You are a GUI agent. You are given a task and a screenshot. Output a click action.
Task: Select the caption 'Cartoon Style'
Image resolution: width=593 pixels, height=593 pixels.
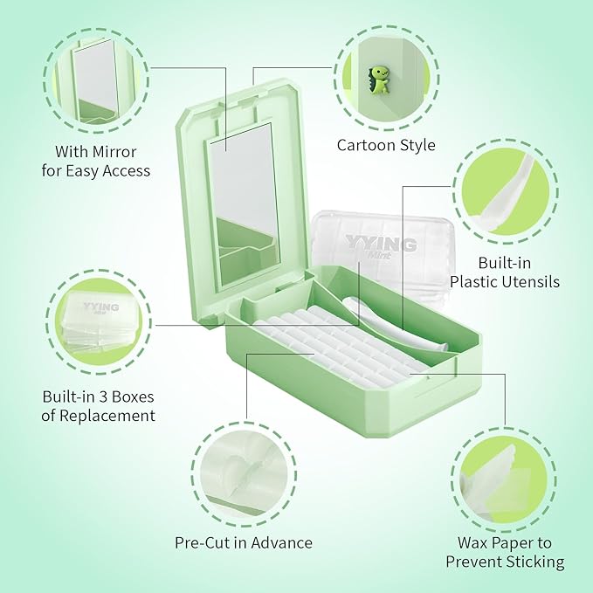(x=386, y=145)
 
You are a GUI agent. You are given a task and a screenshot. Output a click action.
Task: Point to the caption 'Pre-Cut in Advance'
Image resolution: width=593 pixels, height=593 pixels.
(x=244, y=542)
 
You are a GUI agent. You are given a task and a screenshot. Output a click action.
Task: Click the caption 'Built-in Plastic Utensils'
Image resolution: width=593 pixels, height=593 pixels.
(x=507, y=272)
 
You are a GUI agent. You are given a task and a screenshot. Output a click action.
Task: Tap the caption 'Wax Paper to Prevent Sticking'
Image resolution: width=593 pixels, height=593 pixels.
(x=505, y=552)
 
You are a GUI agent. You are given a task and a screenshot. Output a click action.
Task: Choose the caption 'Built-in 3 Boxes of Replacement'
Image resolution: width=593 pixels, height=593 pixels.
(x=99, y=406)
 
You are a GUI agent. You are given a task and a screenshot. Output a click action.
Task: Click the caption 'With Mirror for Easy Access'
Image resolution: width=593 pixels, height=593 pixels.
(x=96, y=161)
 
